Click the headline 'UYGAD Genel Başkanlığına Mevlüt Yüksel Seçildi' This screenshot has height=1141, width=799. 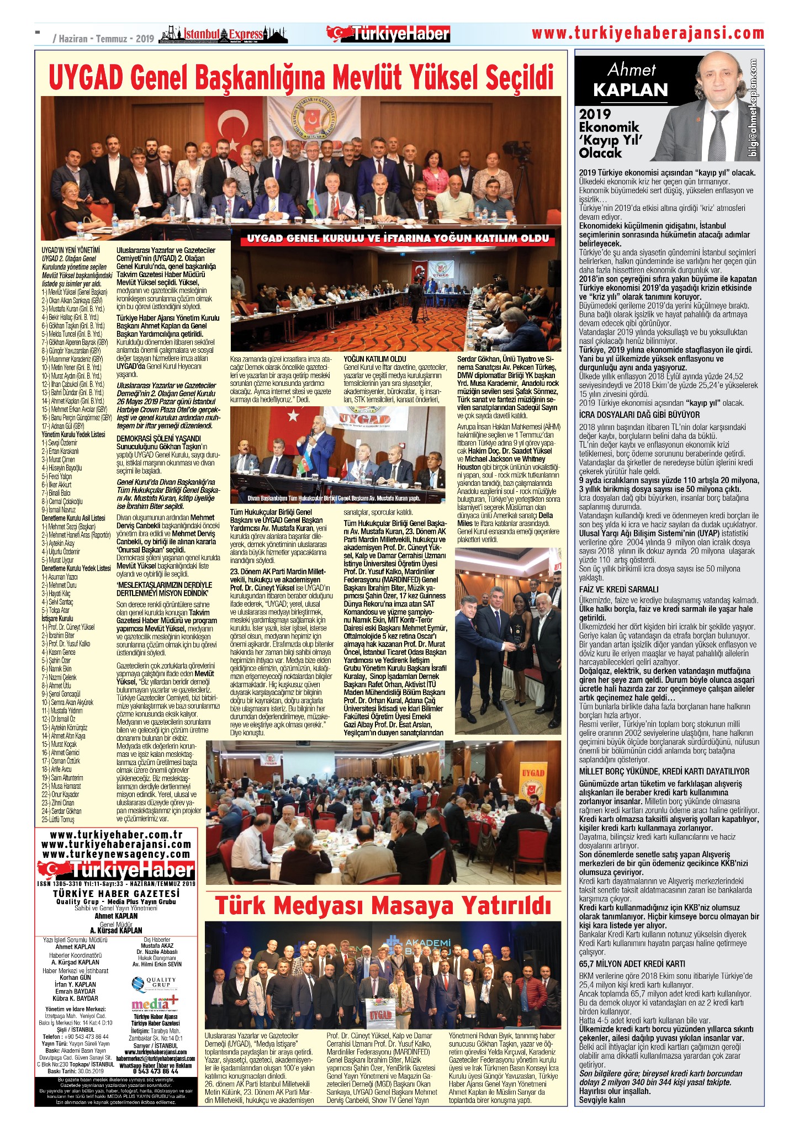coord(301,77)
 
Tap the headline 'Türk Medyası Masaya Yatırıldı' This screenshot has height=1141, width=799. coord(383,905)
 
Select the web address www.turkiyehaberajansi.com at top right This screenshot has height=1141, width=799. coord(648,34)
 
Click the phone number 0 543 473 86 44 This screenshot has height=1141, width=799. coord(155,1070)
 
